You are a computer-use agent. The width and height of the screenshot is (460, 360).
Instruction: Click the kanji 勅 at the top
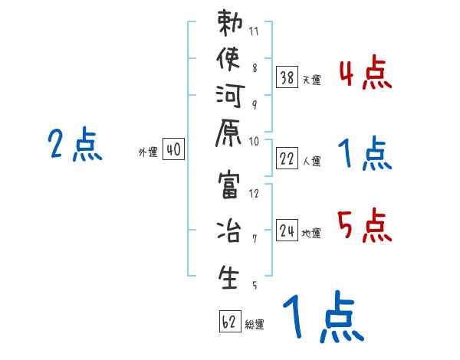coord(229,23)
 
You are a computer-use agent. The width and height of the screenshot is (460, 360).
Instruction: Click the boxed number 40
coord(173,150)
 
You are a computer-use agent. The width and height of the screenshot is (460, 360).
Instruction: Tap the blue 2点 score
coord(74,145)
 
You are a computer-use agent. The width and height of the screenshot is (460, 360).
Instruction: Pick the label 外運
coord(147,152)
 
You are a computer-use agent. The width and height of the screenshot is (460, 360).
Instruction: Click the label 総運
coord(255,324)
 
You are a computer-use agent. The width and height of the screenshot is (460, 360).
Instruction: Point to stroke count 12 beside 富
coord(254,193)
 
